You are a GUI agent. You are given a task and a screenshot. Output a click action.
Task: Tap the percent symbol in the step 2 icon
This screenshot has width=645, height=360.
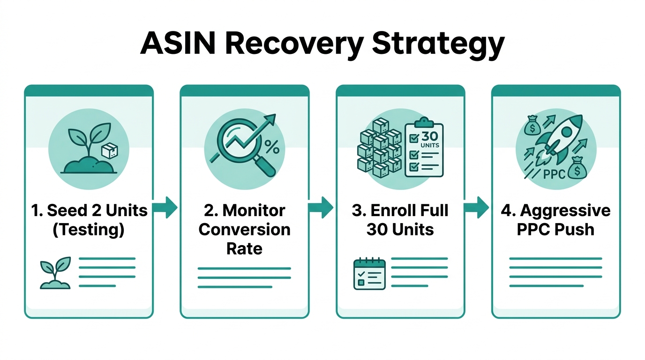pos(272,147)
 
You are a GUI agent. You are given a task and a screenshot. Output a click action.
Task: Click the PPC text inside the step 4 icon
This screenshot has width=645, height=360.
pos(555,174)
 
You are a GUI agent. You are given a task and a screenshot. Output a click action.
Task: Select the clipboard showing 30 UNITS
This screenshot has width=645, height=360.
pos(424,149)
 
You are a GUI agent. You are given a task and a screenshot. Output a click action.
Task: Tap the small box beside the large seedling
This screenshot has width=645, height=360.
pos(110,150)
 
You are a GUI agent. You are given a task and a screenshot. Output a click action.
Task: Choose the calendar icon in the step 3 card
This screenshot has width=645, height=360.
pos(369,274)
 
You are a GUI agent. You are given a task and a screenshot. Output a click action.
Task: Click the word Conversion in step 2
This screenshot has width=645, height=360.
pos(244,230)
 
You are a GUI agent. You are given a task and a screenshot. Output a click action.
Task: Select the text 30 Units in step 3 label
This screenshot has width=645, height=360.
pos(400,230)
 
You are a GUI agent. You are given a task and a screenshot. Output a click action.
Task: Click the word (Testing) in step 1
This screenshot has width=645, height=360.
pos(89,230)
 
